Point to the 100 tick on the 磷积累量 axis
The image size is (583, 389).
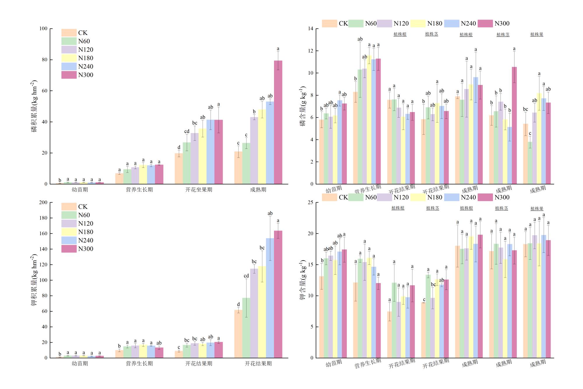click(x=43, y=29)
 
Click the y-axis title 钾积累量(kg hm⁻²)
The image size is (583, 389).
click(x=34, y=280)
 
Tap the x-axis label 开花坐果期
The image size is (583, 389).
click(x=199, y=190)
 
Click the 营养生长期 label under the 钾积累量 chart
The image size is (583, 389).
click(x=139, y=364)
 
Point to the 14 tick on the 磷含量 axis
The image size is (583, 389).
click(x=310, y=29)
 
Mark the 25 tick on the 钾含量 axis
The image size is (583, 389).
click(x=310, y=203)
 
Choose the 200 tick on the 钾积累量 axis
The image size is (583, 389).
click(x=43, y=203)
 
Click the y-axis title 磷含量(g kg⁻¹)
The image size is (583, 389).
click(x=303, y=106)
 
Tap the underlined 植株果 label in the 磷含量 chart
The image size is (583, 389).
click(x=537, y=34)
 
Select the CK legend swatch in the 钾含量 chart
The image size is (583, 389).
click(x=329, y=197)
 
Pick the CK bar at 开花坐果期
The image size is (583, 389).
click(x=179, y=169)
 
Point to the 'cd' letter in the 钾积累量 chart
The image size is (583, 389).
click(x=246, y=276)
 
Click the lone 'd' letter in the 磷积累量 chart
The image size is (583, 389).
click(x=179, y=147)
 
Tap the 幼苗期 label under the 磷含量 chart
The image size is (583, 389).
click(x=333, y=189)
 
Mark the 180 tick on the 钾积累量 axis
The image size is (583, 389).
click(x=43, y=218)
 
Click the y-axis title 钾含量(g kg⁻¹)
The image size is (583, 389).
click(x=303, y=280)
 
